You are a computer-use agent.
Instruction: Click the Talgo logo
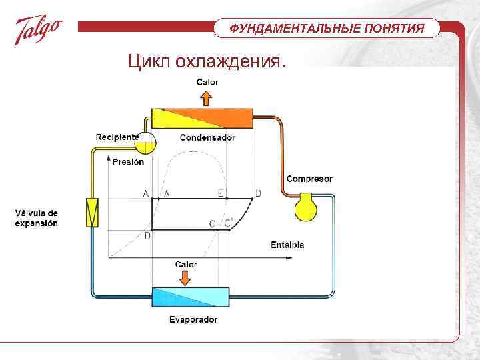(x=38, y=31)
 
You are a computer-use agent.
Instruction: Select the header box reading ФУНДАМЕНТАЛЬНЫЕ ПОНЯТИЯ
(x=327, y=29)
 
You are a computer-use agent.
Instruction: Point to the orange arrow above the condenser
(x=207, y=98)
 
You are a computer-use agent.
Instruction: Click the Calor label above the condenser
(x=207, y=83)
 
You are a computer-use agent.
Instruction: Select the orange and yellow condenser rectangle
(x=203, y=119)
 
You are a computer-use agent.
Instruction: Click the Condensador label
(x=207, y=138)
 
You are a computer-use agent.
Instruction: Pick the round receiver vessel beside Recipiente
(x=145, y=142)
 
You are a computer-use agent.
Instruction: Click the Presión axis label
(x=129, y=161)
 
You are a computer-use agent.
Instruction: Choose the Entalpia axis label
(x=287, y=245)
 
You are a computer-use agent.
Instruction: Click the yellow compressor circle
(x=307, y=207)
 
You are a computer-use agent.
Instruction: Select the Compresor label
(x=309, y=179)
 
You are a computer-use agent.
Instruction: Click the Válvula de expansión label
(x=37, y=218)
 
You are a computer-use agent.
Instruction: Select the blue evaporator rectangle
(x=190, y=297)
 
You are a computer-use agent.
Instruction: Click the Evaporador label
(x=193, y=319)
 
